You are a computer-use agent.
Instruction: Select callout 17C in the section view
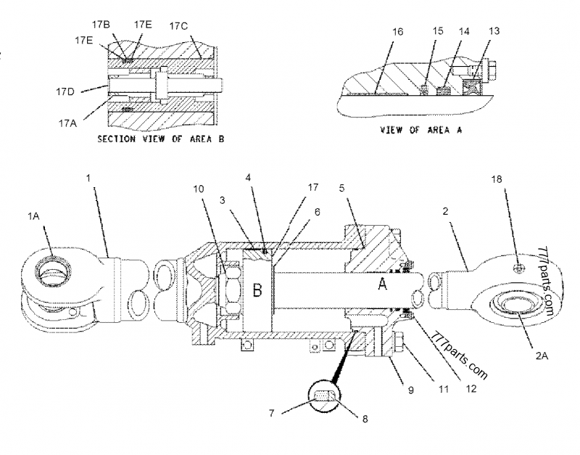(x=178, y=26)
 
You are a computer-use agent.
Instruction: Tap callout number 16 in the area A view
(x=395, y=32)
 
